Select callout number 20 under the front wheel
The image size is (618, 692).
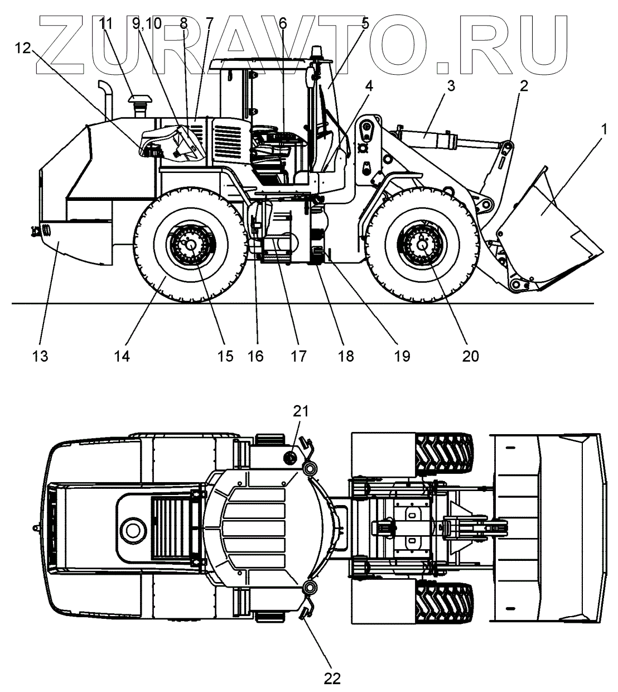470,356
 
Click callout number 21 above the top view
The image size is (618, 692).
301,411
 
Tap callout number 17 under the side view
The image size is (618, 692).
298,356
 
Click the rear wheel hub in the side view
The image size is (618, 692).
191,243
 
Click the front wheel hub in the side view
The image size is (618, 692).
422,243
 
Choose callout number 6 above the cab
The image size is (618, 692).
282,23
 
